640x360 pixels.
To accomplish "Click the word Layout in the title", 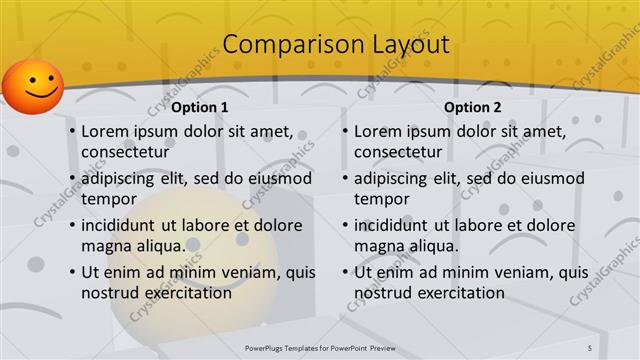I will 400,45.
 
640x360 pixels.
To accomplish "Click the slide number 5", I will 590,346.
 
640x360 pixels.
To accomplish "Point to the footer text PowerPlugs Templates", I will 289,346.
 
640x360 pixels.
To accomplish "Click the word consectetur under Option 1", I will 121,152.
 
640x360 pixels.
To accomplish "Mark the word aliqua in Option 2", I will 432,246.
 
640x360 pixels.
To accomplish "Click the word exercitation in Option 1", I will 184,293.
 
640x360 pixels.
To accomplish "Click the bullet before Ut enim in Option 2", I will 345,273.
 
